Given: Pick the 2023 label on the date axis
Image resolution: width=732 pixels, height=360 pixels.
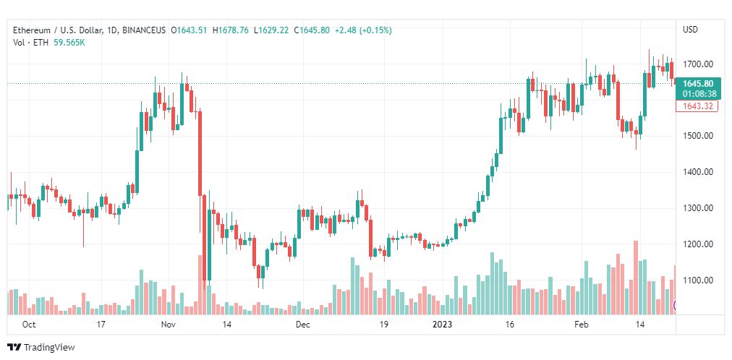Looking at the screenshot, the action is (x=442, y=325).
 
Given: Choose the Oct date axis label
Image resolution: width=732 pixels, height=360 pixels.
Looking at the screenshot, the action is (x=30, y=325).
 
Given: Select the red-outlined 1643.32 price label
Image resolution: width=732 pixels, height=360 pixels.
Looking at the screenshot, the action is (x=697, y=106).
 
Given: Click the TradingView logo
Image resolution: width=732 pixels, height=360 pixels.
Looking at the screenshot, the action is (x=41, y=348).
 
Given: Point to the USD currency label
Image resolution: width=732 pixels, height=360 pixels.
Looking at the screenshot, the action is (x=691, y=30).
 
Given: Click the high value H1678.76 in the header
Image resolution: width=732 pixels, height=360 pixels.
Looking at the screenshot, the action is (x=231, y=30).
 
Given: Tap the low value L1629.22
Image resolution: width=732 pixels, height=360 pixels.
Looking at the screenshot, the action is (x=272, y=30).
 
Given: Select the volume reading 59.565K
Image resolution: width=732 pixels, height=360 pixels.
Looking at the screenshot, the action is (x=69, y=43).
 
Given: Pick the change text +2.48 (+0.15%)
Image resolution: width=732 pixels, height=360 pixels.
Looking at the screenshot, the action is (x=362, y=30).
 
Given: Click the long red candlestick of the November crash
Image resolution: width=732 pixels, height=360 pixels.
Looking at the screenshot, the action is (x=200, y=154).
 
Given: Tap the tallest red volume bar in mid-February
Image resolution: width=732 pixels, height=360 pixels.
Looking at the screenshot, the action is (x=635, y=278).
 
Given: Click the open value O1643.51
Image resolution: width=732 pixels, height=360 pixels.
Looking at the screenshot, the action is (x=190, y=30).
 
